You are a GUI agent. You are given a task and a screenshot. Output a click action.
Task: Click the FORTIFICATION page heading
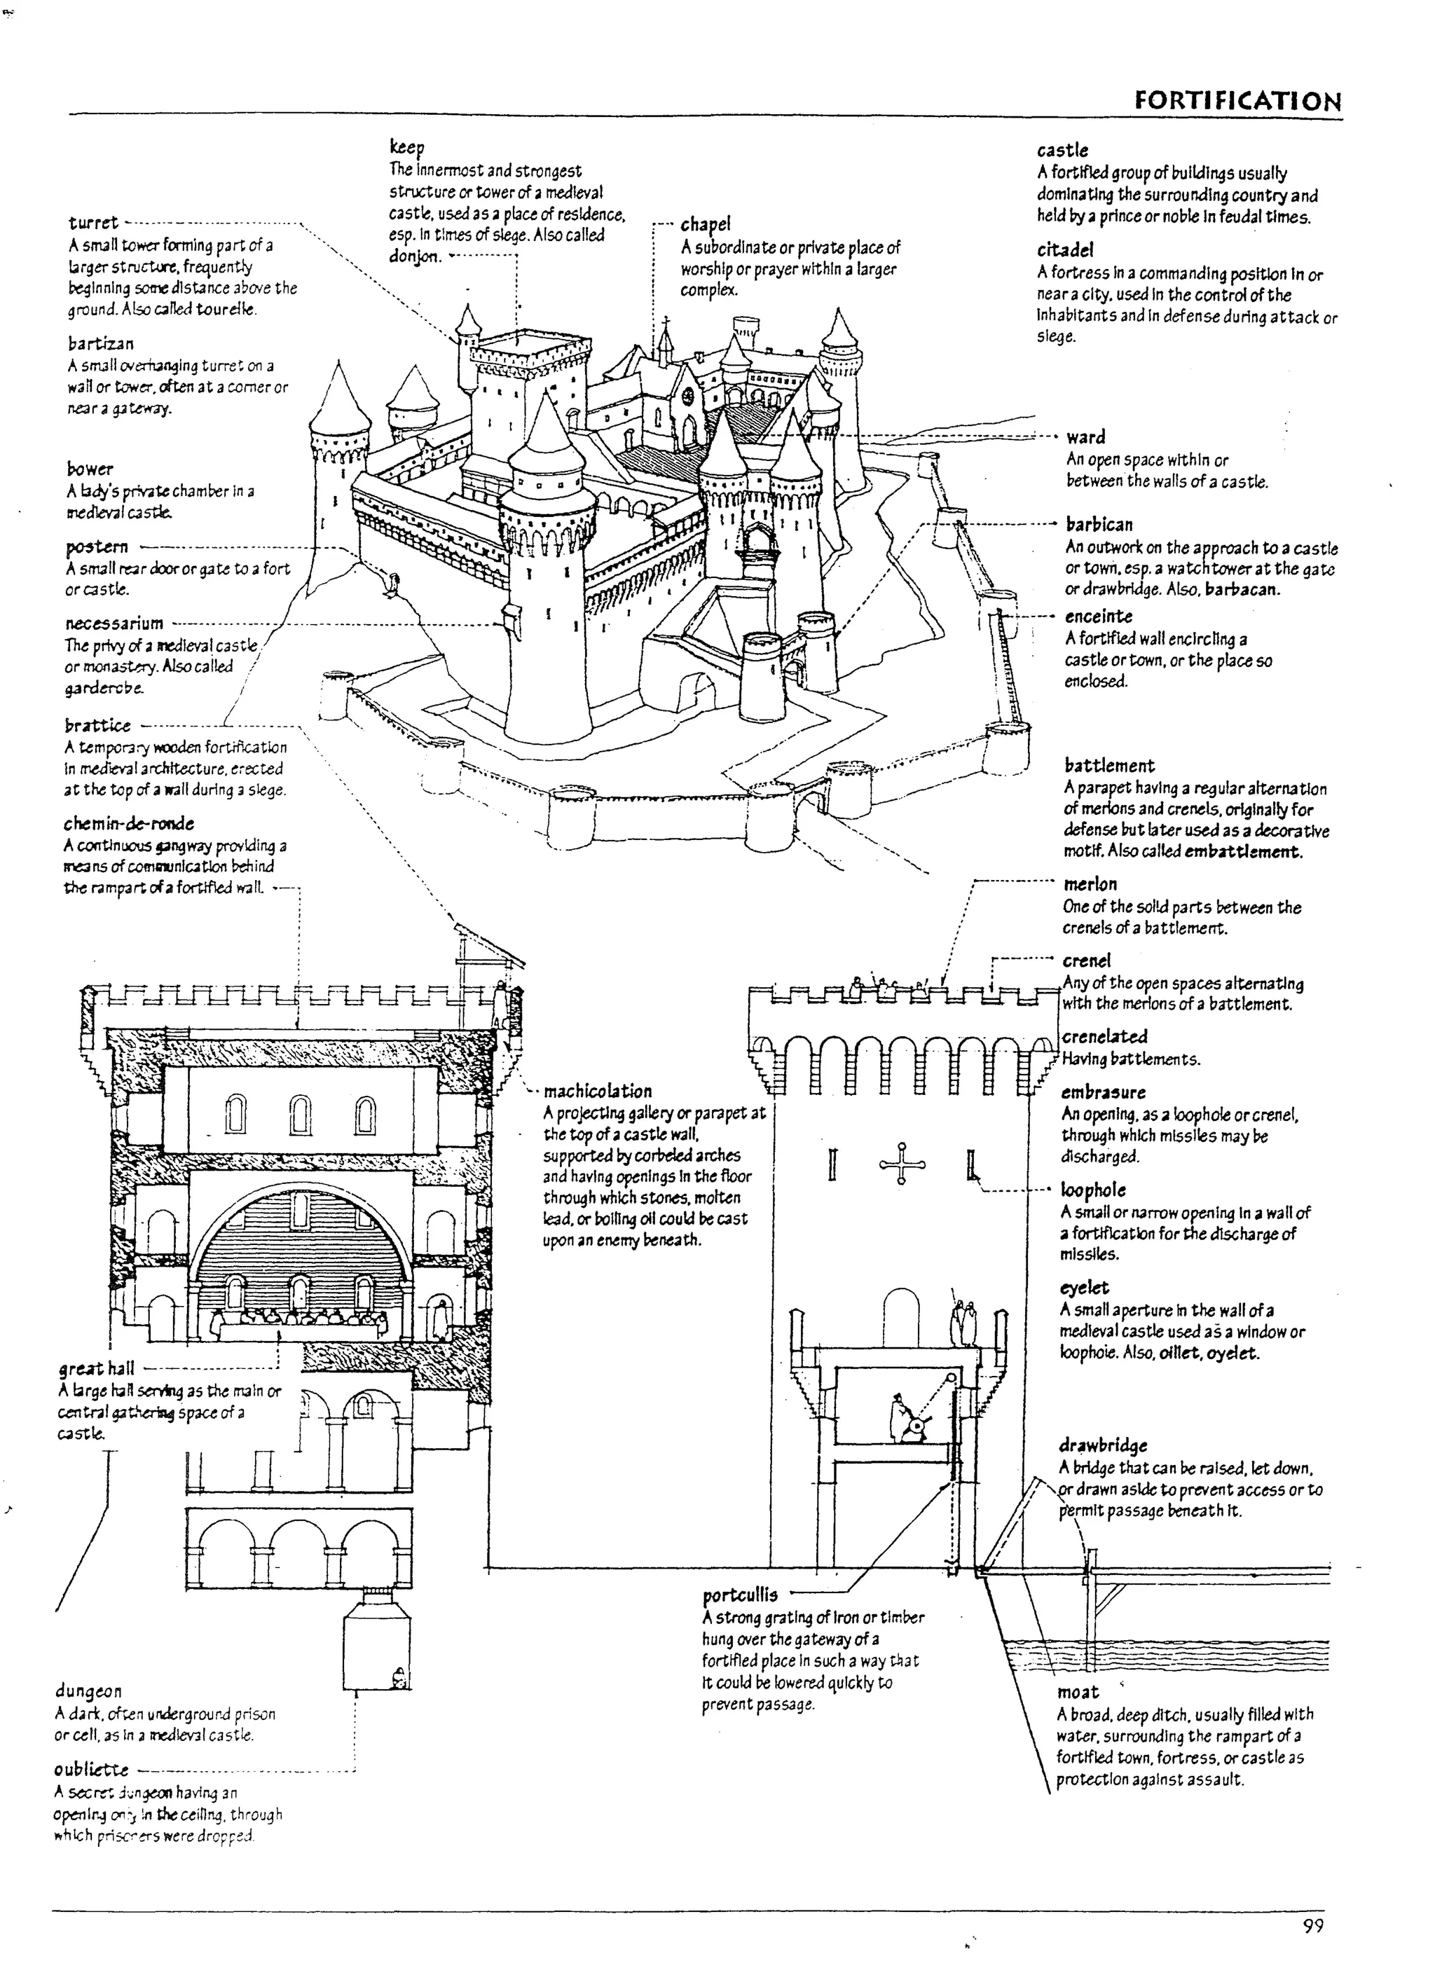click(x=1237, y=100)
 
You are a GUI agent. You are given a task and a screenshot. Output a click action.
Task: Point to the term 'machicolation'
click(x=598, y=1092)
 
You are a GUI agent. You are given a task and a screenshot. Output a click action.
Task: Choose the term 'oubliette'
click(x=91, y=1770)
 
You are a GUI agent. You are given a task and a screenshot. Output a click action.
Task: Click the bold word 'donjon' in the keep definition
click(x=415, y=257)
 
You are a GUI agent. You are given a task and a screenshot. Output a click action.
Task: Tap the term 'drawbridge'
click(x=1102, y=1445)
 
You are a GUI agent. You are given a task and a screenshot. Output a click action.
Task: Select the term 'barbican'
click(x=1099, y=524)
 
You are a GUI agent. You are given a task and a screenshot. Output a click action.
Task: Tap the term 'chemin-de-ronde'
click(x=128, y=824)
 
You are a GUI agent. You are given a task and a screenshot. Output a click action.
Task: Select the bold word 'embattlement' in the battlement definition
click(x=1243, y=852)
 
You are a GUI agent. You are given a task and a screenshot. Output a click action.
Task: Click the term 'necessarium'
click(x=114, y=623)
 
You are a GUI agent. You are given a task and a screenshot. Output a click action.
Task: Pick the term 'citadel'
click(x=1064, y=250)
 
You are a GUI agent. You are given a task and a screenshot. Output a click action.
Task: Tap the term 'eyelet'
click(x=1084, y=1288)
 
